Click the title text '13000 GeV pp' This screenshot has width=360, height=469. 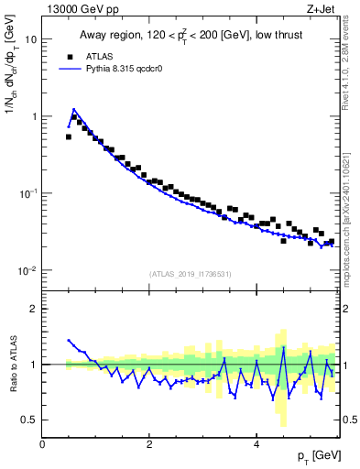[x=80, y=10]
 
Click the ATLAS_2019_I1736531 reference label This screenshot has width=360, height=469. [x=191, y=274]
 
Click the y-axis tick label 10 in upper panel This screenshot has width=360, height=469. [x=30, y=39]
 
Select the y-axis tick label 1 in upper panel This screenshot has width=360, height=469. [x=33, y=116]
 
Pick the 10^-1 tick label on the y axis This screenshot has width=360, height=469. [x=27, y=192]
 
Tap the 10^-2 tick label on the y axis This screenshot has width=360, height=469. [x=27, y=270]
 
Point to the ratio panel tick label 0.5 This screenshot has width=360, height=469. [x=29, y=420]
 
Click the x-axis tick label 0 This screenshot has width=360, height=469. [x=42, y=443]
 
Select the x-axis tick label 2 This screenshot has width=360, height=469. [x=149, y=443]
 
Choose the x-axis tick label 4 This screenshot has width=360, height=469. [x=256, y=443]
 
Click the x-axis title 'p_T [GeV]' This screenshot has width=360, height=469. [x=315, y=456]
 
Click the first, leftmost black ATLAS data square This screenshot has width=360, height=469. [x=69, y=136]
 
